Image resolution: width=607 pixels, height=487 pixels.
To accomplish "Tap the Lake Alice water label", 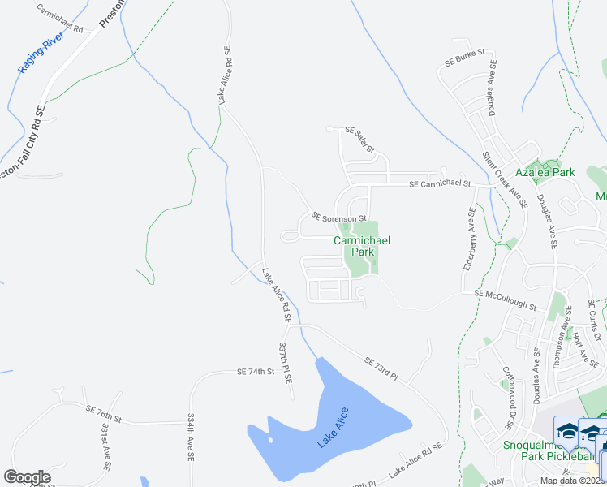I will (x=334, y=428).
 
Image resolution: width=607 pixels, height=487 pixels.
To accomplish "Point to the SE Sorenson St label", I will (x=339, y=218).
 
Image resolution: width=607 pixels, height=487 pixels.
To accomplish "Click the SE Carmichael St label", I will (x=440, y=184).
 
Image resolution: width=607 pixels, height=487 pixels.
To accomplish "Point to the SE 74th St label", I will (x=256, y=371).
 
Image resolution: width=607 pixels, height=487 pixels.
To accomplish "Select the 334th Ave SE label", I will (x=192, y=437).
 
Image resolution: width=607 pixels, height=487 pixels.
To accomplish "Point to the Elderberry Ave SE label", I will (x=469, y=240).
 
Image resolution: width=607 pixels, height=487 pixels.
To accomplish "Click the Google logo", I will (x=27, y=476).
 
